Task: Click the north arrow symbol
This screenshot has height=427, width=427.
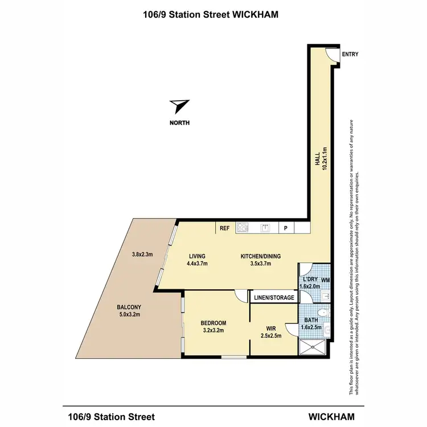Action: pos(180,106)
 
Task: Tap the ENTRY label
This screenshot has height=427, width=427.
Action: pos(350,55)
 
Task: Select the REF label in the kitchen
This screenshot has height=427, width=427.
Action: pos(224,228)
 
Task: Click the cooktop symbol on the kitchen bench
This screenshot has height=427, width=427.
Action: pos(243,228)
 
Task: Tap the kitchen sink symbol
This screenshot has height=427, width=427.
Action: pos(265,228)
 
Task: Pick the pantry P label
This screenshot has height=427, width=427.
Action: pos(286,228)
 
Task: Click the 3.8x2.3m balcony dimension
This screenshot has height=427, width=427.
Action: pos(142,254)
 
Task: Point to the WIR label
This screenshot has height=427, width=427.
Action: pos(271,328)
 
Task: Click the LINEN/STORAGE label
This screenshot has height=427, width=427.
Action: pos(274,298)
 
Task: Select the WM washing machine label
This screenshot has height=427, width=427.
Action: pos(325,280)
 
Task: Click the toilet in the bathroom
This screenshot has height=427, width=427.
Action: pos(322,312)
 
